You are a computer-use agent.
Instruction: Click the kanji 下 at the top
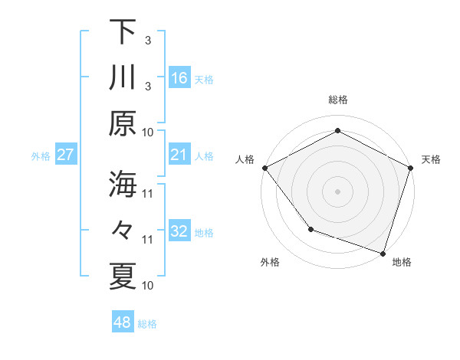tap(123, 31)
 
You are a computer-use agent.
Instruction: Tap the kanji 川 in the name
tap(123, 77)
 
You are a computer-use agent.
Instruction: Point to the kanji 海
tap(123, 185)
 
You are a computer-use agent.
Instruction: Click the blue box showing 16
tap(179, 77)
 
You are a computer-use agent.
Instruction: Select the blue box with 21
tap(179, 155)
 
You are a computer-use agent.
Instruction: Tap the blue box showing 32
tap(179, 231)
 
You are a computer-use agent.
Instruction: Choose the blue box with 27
tap(66, 155)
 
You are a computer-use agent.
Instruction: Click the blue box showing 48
tap(123, 322)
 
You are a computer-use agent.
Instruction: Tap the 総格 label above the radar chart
tap(338, 100)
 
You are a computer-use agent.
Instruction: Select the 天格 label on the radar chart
tap(431, 159)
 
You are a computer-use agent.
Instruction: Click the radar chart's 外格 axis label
tap(270, 262)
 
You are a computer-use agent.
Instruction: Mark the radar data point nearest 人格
tap(264, 168)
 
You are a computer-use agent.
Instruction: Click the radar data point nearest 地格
tap(383, 252)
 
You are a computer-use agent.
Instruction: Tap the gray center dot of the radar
tap(338, 191)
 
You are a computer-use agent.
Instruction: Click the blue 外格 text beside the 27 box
tap(41, 156)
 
